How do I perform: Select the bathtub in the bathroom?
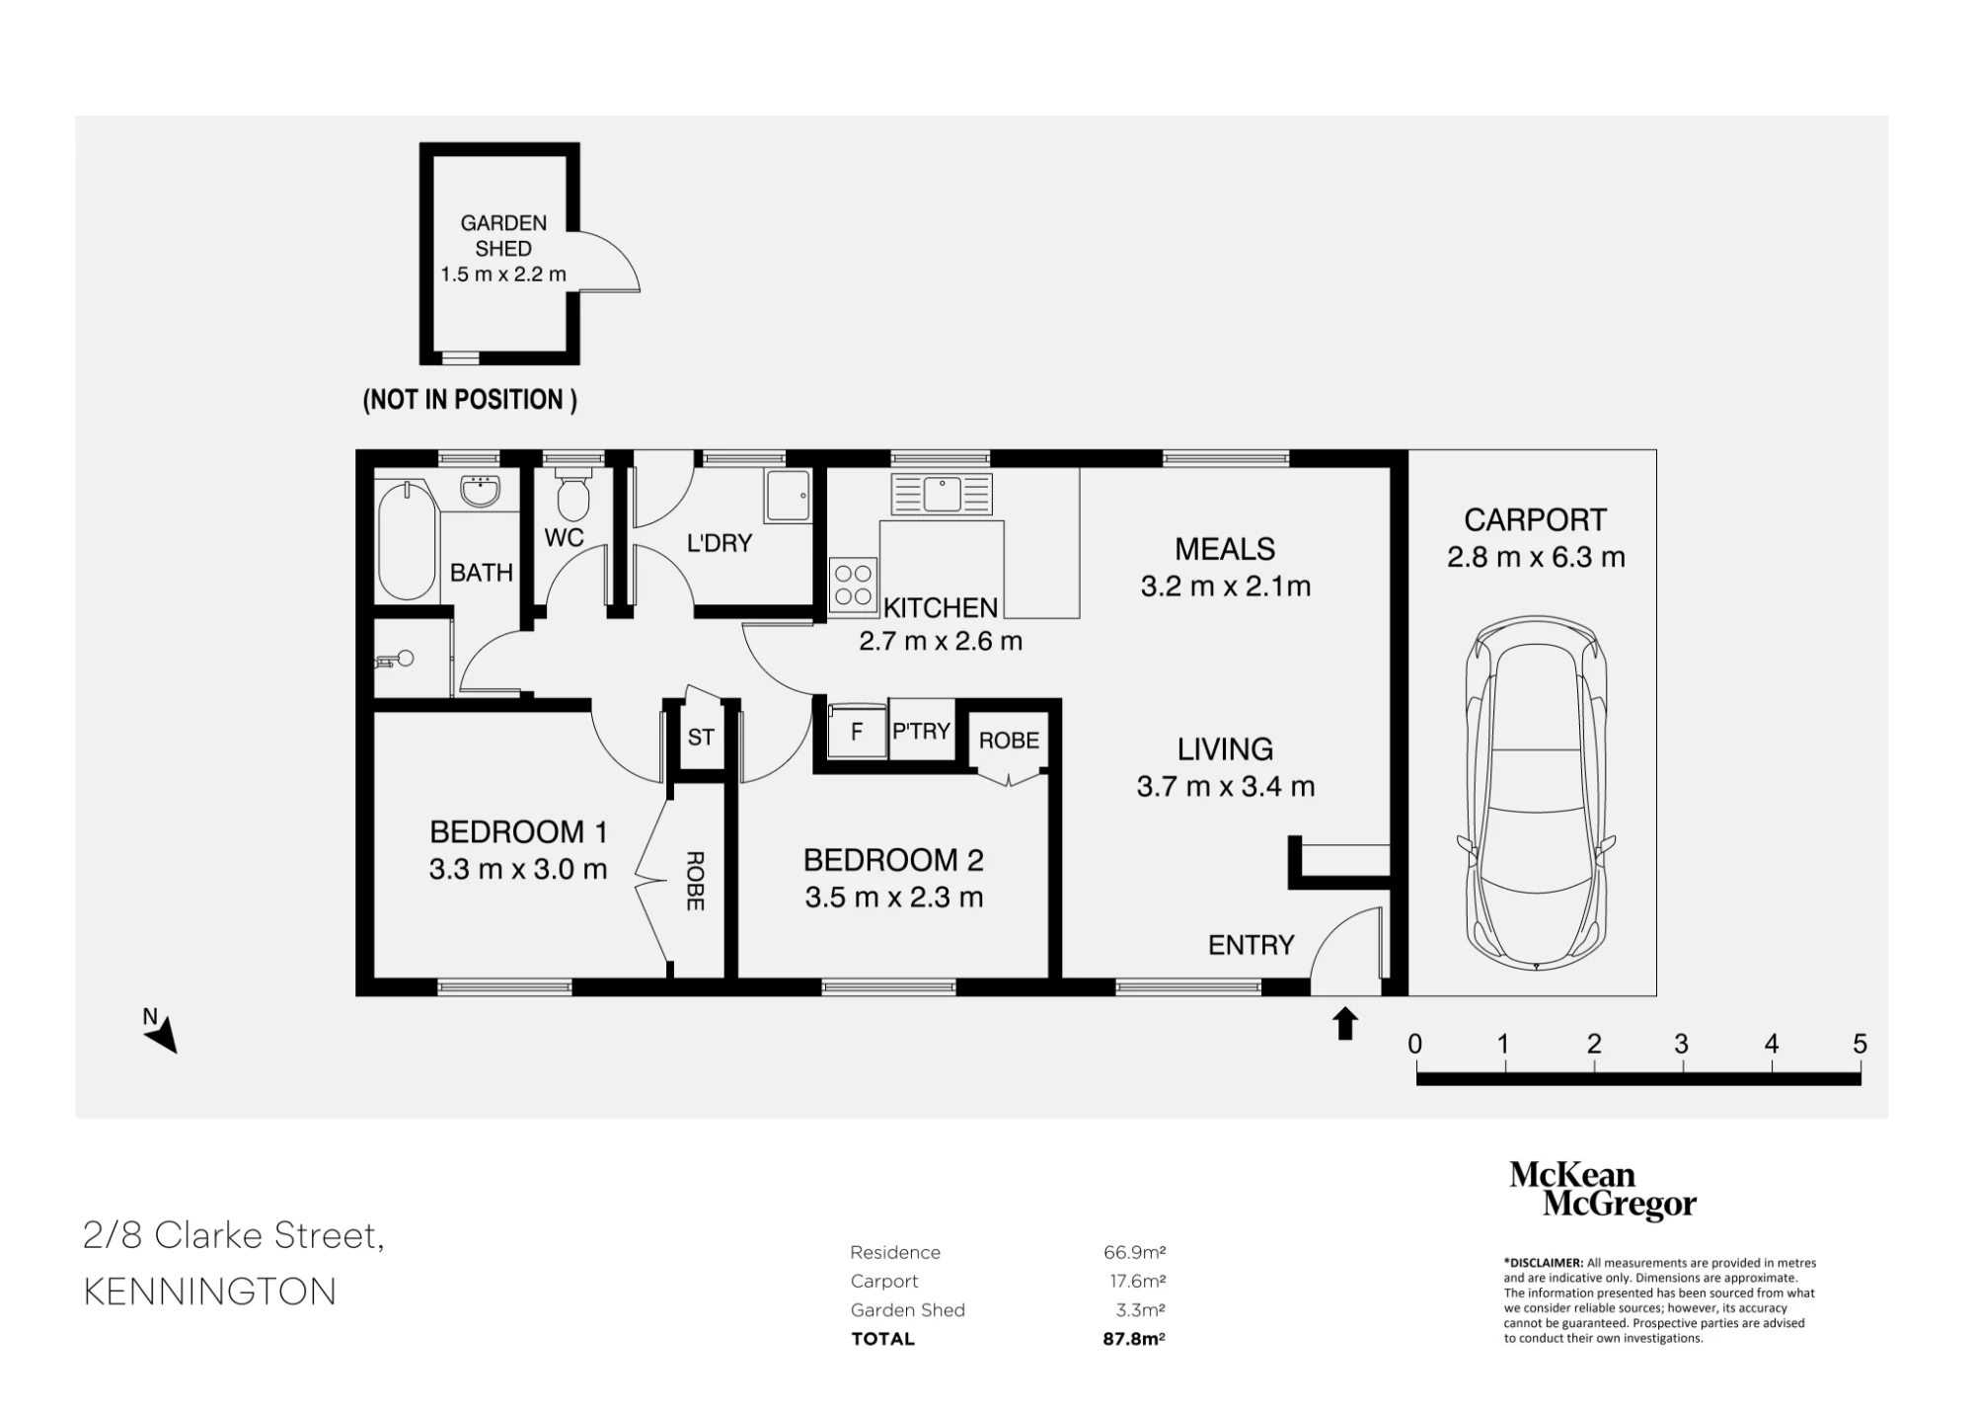(407, 541)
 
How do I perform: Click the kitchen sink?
(942, 494)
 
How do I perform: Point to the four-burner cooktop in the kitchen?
(854, 584)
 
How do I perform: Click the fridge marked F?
(857, 732)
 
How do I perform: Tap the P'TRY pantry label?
(921, 731)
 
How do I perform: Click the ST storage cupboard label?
(701, 737)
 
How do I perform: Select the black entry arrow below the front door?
(1345, 1024)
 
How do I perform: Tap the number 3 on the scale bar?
(1682, 1044)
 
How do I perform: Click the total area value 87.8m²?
(1134, 1339)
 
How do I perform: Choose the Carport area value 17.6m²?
(1138, 1281)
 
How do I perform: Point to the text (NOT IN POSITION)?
(470, 400)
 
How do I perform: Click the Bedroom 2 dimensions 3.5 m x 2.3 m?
(894, 898)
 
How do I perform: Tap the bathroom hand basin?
(481, 491)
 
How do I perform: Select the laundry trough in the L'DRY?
(788, 496)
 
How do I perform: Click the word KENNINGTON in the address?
(210, 1292)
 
